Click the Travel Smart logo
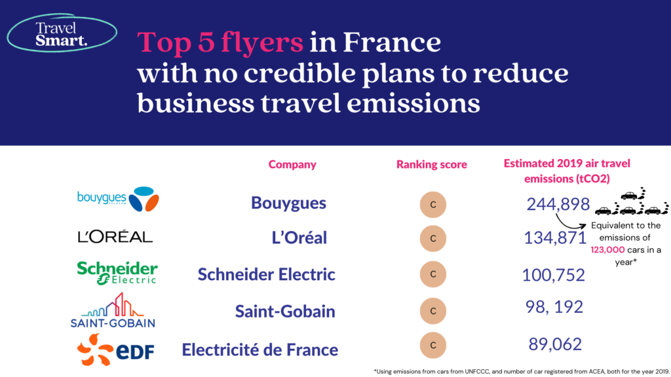tap(62, 33)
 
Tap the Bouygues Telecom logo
tap(118, 199)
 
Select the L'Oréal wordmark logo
tap(115, 236)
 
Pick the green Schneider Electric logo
tap(117, 273)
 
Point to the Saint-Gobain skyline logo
tap(113, 310)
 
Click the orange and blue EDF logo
tap(115, 350)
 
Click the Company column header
tap(292, 164)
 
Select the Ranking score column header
tap(431, 164)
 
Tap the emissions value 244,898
tap(558, 204)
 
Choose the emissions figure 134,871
tap(555, 238)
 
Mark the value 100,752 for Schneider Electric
tap(553, 275)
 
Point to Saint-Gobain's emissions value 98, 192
tap(554, 307)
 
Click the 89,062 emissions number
tap(555, 344)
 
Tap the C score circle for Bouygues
tap(433, 205)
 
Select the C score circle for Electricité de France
tap(433, 345)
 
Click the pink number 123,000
tap(607, 249)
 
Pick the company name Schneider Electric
tap(266, 274)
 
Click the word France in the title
tap(392, 43)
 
